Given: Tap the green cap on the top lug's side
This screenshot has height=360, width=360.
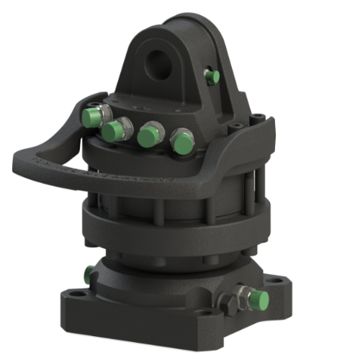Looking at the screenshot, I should (212, 76).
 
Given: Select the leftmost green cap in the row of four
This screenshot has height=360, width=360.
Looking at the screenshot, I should (91, 117).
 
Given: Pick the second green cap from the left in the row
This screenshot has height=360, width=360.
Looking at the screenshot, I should (112, 131).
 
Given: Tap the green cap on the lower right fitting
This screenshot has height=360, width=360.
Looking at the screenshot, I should (260, 300).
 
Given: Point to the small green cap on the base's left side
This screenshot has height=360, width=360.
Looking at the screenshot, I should (89, 274).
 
